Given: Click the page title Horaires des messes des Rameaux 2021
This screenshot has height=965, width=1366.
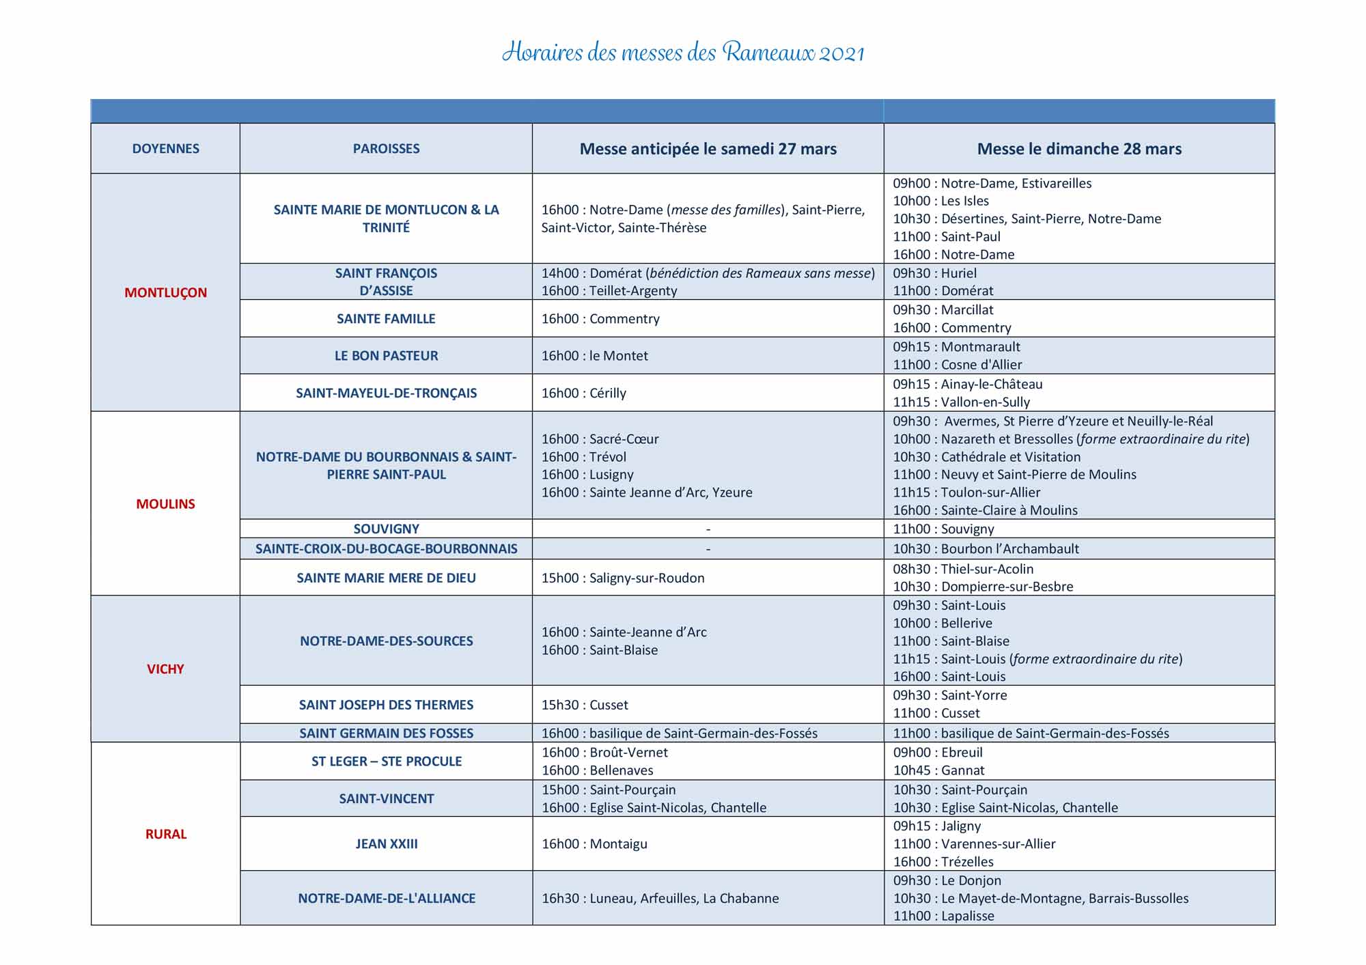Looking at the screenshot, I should coord(683,53).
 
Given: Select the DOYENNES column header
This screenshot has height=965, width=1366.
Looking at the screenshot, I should coord(165,149).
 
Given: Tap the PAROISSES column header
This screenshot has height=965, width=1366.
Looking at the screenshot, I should coord(386,149).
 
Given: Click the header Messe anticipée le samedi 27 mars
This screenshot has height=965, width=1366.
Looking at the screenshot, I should coord(708,149).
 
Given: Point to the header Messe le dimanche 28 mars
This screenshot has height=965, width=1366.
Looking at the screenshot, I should coord(1079,149).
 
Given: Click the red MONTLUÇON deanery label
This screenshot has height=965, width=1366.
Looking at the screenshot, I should coord(165,292).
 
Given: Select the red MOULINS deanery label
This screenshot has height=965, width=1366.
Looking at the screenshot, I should coord(165,504).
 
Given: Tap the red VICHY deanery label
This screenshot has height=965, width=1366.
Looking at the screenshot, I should coord(165,669).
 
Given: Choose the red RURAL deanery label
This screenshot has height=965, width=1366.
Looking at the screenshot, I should coord(165,834).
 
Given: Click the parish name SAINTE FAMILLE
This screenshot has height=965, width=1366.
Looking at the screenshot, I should coord(386,319).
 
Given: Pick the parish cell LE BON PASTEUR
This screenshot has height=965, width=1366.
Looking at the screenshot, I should coord(386,356).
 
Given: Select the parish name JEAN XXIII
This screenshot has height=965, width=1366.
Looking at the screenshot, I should coord(386,844).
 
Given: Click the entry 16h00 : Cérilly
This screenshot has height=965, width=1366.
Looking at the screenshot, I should coord(583,393).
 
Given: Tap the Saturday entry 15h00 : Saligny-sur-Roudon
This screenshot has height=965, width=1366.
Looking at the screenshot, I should coord(622,578).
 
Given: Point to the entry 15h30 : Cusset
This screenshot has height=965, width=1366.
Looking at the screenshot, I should coord(585,705).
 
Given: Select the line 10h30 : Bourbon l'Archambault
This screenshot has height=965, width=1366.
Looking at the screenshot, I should coord(986,549).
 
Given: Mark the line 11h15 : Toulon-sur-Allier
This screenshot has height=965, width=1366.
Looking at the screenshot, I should coord(966,492).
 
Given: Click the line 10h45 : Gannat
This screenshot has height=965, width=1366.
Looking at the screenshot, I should coord(938,770).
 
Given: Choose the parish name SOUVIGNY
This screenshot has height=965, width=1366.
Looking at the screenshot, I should coord(386,529).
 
